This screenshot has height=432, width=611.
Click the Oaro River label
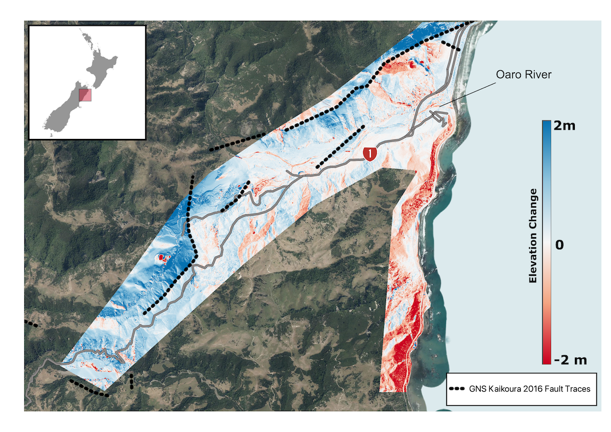click(x=524, y=75)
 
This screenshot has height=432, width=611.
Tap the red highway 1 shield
click(x=370, y=153)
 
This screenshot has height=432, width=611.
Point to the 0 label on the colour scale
click(x=560, y=245)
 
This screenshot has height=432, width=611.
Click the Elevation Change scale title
click(x=533, y=236)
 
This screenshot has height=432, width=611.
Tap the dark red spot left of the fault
click(x=162, y=258)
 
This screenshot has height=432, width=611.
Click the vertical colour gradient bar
click(x=546, y=242)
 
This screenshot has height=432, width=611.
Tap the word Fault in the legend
click(x=553, y=389)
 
